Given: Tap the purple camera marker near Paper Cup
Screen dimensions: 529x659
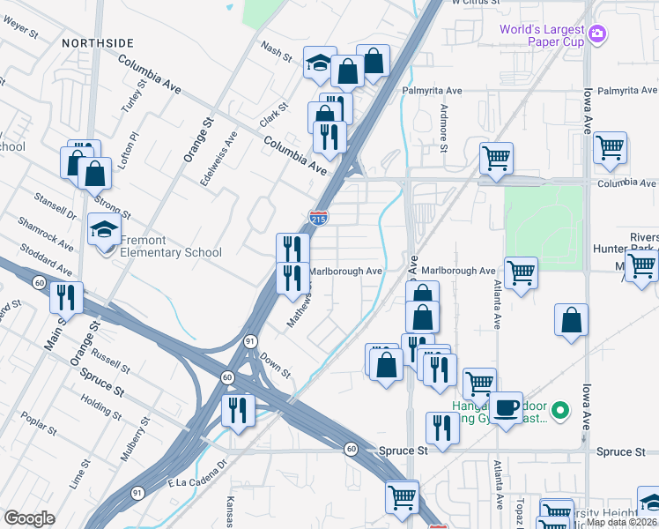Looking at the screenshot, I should point(598,34).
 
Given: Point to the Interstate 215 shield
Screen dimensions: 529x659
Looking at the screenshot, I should point(319,217).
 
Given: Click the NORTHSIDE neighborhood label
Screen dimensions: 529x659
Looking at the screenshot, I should point(98,42).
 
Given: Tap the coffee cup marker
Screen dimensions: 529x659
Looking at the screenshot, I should point(506,408).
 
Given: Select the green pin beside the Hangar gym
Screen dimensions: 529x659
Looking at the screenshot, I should point(559,411).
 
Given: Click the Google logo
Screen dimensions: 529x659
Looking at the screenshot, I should point(29,518).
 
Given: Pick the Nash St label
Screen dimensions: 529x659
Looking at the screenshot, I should point(276,50).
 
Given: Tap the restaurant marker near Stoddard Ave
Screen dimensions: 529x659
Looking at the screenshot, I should point(67,299).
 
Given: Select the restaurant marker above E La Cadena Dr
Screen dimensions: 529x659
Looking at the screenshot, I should point(238,410).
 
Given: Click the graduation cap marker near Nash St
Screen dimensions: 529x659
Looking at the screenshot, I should point(320,63).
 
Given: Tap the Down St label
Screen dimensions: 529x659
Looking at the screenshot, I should point(275,366).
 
